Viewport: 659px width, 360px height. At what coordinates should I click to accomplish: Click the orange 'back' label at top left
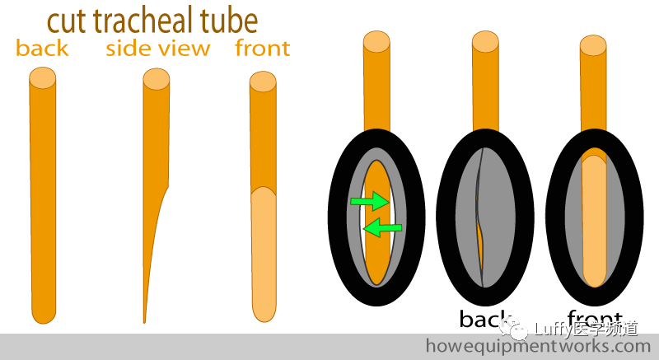coord(42,49)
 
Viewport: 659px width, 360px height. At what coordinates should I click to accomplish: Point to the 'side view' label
coord(157,49)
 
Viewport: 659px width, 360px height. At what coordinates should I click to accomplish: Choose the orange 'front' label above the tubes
coord(262,49)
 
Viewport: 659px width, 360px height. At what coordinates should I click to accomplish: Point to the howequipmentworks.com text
coord(537,346)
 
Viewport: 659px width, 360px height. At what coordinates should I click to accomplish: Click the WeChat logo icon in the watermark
coord(519,330)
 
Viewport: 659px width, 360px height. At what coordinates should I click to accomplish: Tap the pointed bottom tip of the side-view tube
coord(145,320)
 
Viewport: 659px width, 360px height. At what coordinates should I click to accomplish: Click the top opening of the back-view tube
coord(42,78)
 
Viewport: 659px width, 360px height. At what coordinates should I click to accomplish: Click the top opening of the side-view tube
coord(156,78)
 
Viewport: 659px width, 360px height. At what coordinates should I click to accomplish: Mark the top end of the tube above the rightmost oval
coord(594,44)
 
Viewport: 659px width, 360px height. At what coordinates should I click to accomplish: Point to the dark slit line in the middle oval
coord(479,218)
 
